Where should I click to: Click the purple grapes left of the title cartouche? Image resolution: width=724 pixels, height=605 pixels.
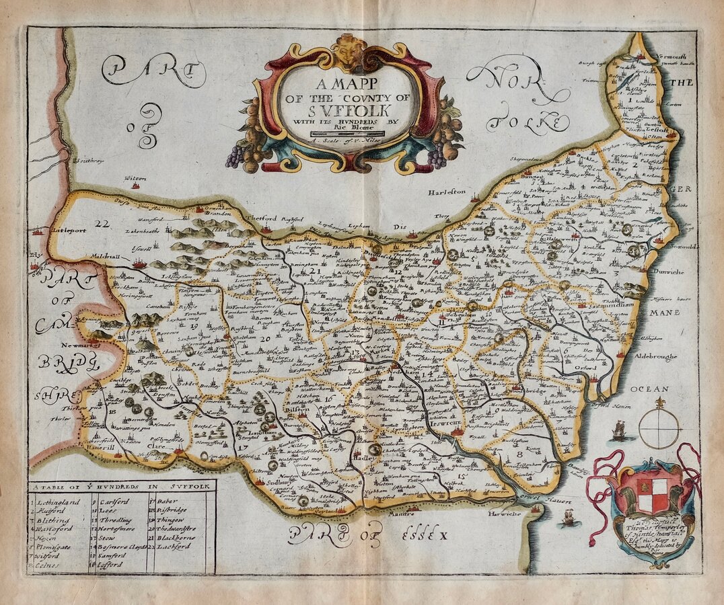(234, 157)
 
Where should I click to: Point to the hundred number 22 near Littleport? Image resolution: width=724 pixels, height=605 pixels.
(102, 223)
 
